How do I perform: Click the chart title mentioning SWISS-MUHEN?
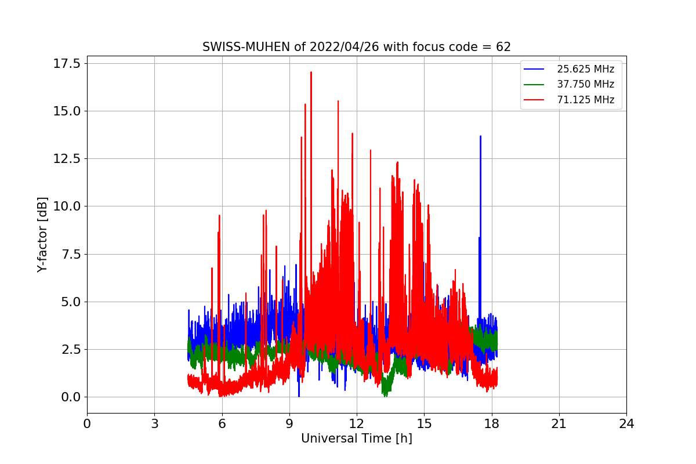[356, 47]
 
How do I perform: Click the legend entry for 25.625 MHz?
[585, 69]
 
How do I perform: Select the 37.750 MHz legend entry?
[585, 84]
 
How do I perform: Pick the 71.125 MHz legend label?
[585, 100]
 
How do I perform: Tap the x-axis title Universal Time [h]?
[356, 438]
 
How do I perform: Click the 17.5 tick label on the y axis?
[67, 63]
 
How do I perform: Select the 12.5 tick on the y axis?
[67, 158]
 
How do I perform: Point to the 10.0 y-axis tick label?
[67, 206]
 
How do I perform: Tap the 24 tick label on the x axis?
[626, 423]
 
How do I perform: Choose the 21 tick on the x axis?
[559, 423]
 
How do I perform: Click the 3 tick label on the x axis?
[154, 423]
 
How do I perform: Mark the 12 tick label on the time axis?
[357, 423]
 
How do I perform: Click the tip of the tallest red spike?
[311, 72]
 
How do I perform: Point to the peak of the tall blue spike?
[480, 136]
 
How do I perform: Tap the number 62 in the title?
[503, 47]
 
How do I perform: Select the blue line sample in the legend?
[534, 69]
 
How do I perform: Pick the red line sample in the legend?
[534, 100]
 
